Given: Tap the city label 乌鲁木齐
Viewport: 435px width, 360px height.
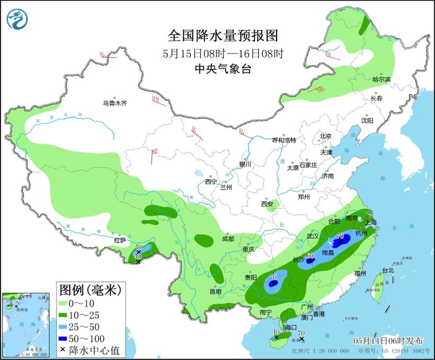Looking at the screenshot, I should (x=115, y=103).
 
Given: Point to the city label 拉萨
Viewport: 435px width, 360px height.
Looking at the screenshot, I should (x=120, y=240).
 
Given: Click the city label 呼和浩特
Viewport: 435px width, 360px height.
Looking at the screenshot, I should (x=285, y=140).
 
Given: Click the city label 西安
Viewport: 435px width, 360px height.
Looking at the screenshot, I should (x=267, y=203).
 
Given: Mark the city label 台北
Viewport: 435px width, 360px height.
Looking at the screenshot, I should (x=388, y=270).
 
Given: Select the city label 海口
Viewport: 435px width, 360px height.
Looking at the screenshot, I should (x=289, y=326).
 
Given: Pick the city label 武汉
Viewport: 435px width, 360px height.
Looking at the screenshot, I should (x=312, y=236).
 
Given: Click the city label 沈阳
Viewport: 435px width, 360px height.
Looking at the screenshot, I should (x=368, y=121).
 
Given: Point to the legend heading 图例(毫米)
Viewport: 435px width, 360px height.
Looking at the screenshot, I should (x=90, y=289).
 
